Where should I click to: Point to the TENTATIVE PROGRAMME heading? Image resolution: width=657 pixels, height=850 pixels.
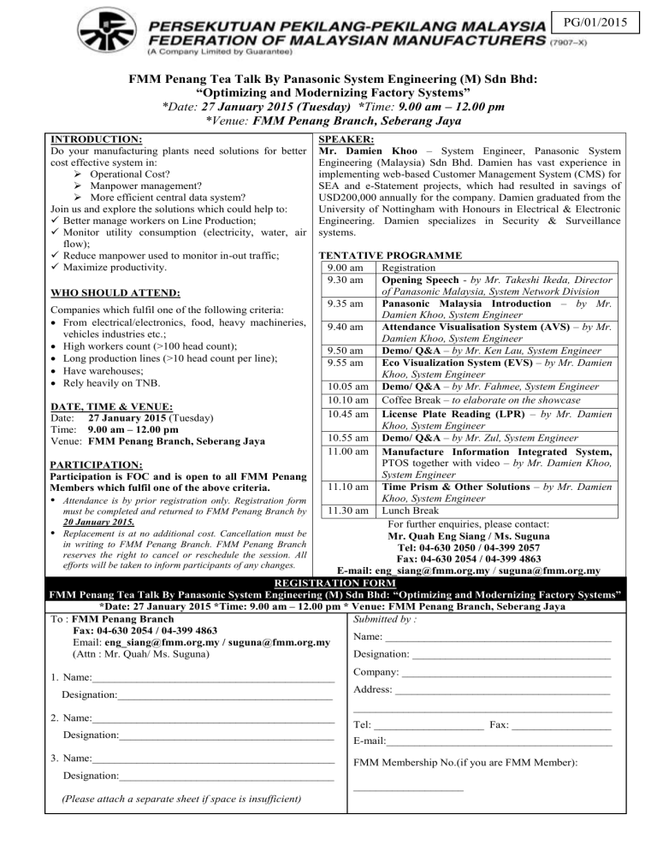coord(390,255)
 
